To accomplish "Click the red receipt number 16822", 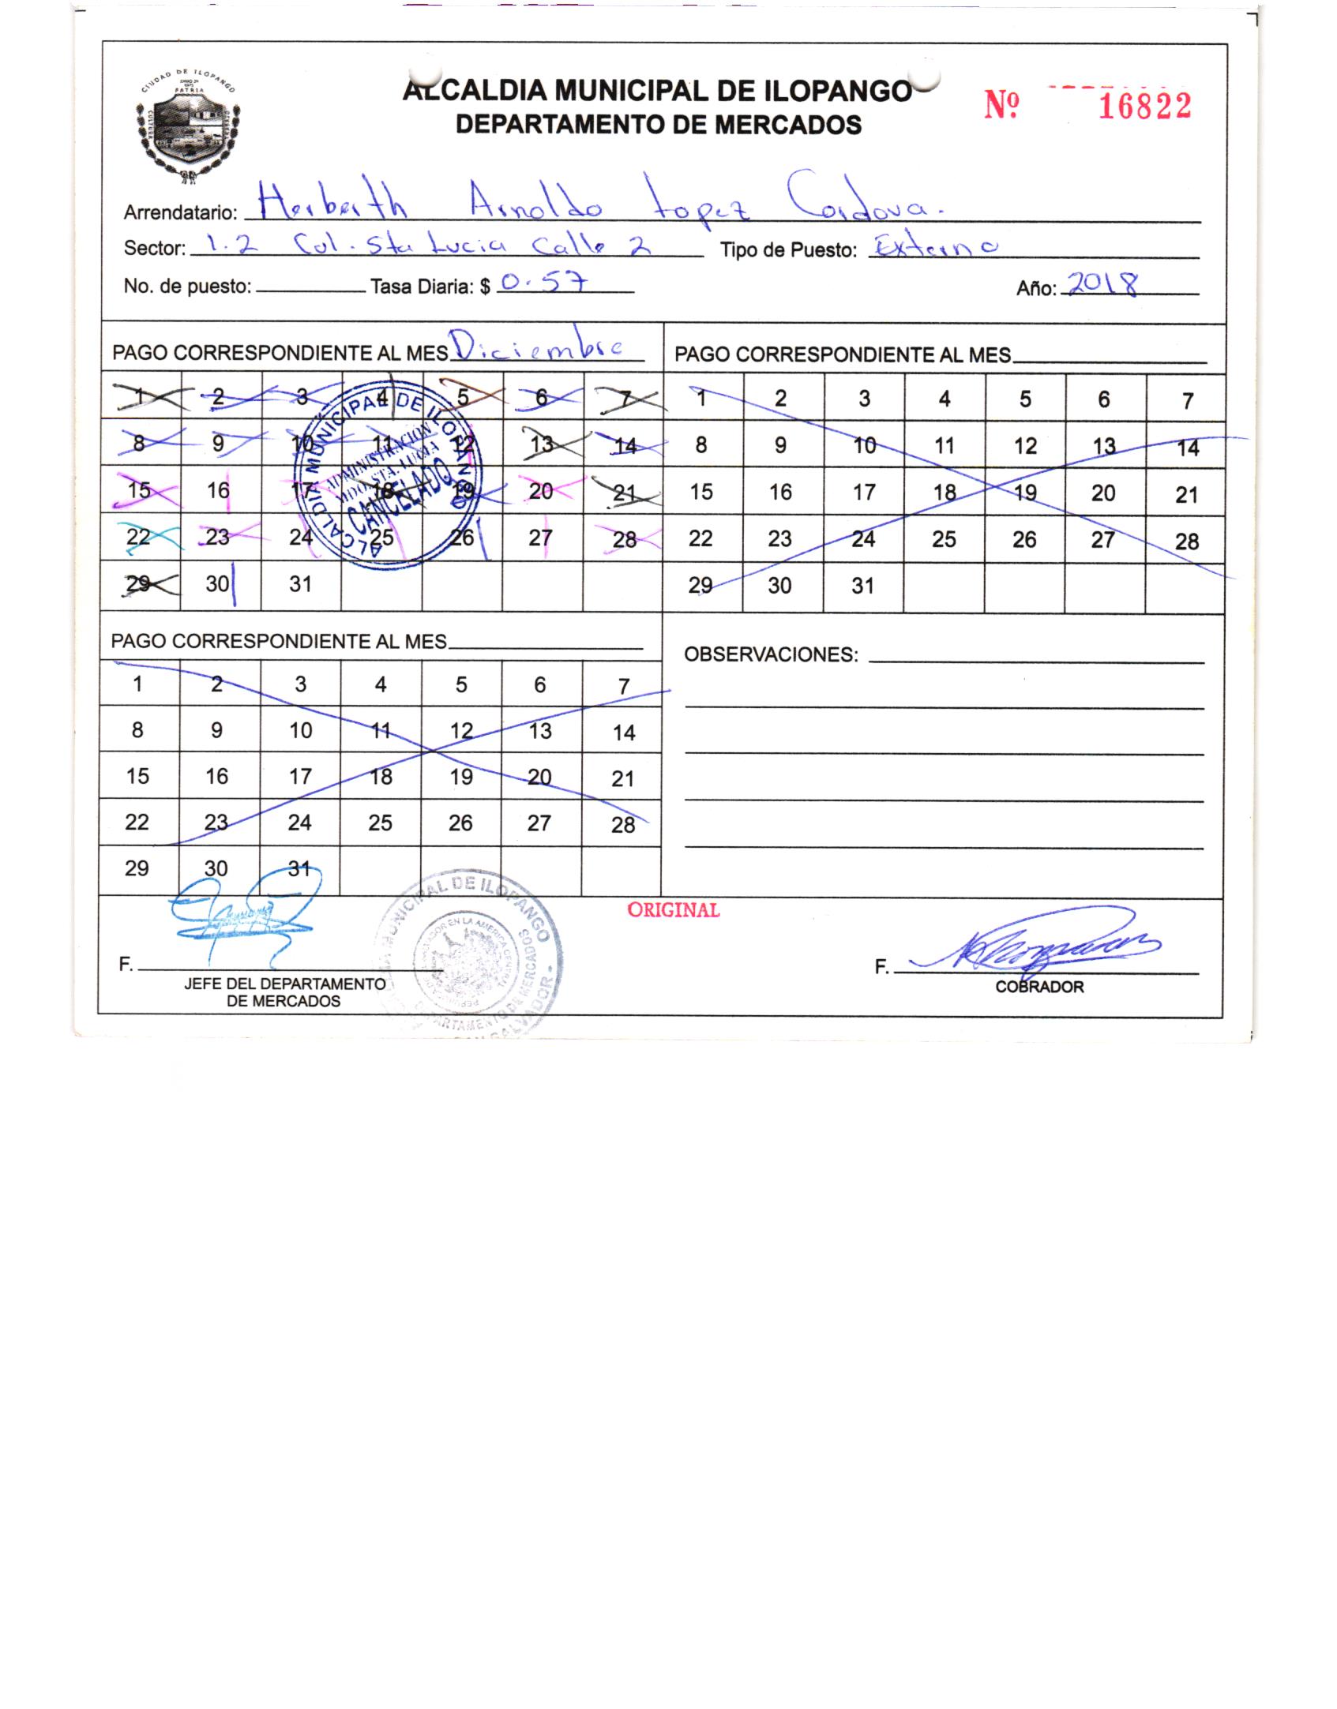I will tap(1144, 106).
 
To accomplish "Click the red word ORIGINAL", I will tap(673, 910).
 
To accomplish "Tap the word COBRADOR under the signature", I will tap(1039, 987).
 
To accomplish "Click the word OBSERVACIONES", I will tap(770, 654).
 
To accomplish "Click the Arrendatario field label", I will tap(180, 213).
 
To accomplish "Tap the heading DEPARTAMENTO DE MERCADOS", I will tap(659, 125).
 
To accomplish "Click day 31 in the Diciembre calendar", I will tap(300, 585).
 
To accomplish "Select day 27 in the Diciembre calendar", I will tap(540, 538).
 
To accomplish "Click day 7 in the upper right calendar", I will tap(1186, 401).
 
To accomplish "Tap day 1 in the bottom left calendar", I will tap(137, 684).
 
